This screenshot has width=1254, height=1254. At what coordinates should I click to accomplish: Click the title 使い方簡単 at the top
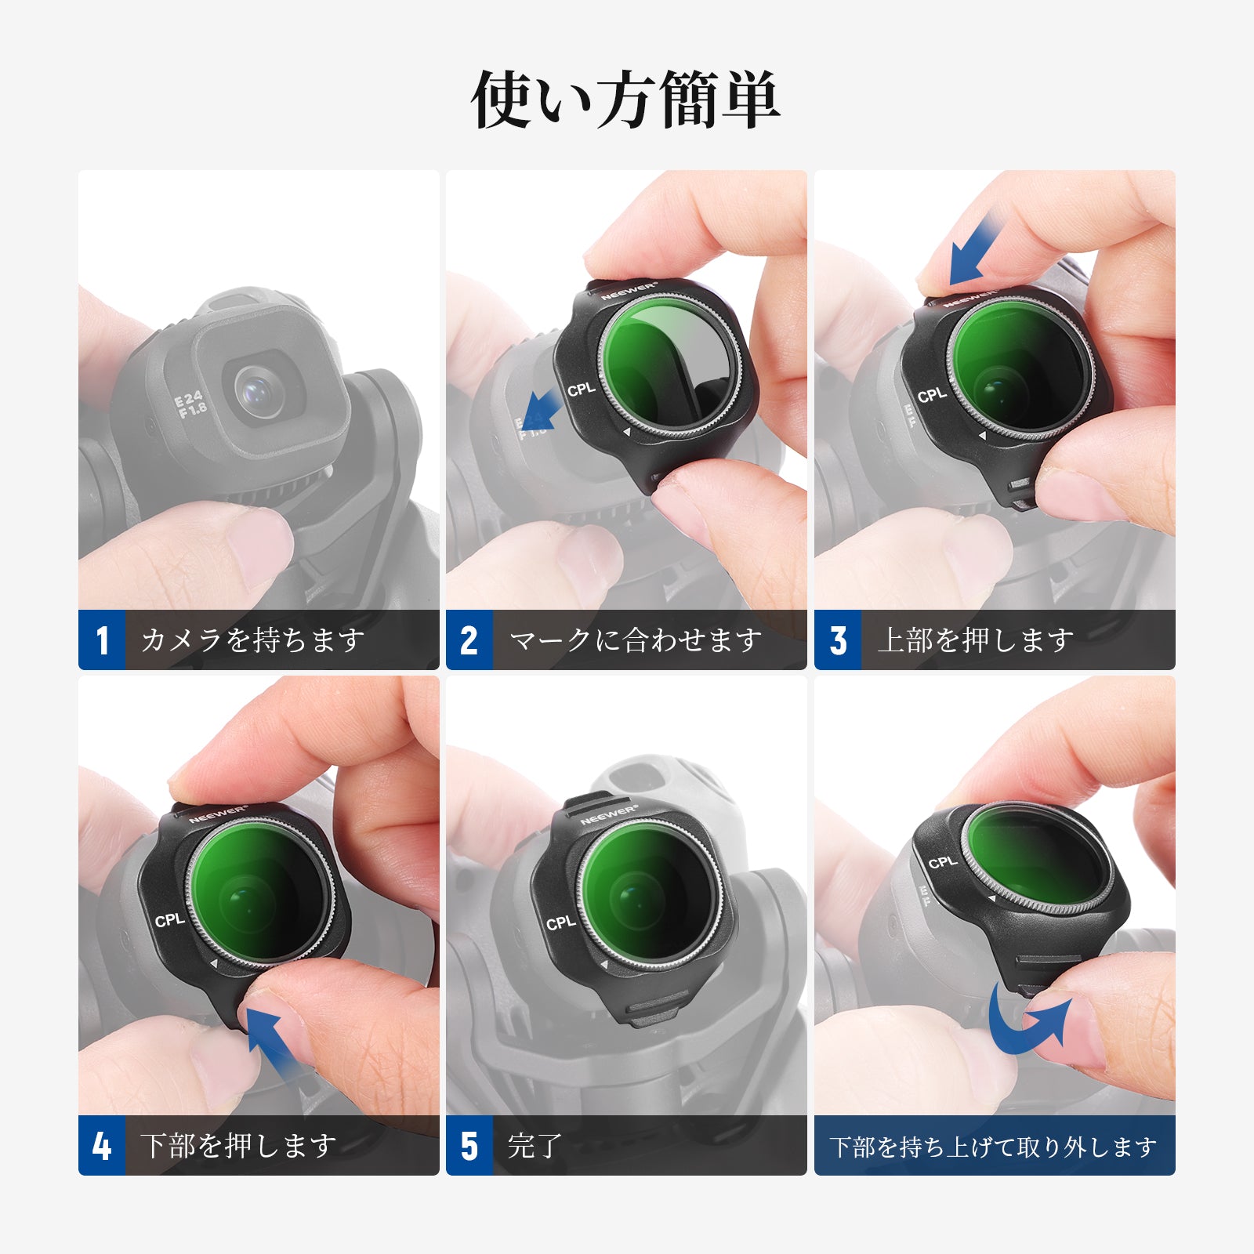pos(625,100)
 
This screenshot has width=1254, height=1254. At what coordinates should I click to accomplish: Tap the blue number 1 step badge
pos(102,640)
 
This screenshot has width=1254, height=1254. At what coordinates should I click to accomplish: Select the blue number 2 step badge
pos(469,640)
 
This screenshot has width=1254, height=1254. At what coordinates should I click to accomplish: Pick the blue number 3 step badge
pos(838,640)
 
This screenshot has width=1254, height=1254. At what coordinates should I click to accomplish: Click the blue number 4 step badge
pos(102,1145)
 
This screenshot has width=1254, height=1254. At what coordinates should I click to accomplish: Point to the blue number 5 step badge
pos(469,1145)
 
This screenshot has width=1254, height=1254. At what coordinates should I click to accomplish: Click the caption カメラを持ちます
pos(253,640)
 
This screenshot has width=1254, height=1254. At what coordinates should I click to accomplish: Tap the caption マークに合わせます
pos(636,640)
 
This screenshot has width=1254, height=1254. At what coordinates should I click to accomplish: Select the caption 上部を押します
pos(976,640)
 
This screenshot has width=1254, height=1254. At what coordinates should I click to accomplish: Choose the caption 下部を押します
pos(239,1146)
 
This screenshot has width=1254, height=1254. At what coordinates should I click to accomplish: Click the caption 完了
pos(536,1146)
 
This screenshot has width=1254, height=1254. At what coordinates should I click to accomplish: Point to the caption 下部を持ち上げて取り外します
pos(994,1147)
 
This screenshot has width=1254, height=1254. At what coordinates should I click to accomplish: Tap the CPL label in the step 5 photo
pos(561,922)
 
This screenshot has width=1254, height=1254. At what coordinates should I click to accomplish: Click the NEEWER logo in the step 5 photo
pos(609,814)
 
